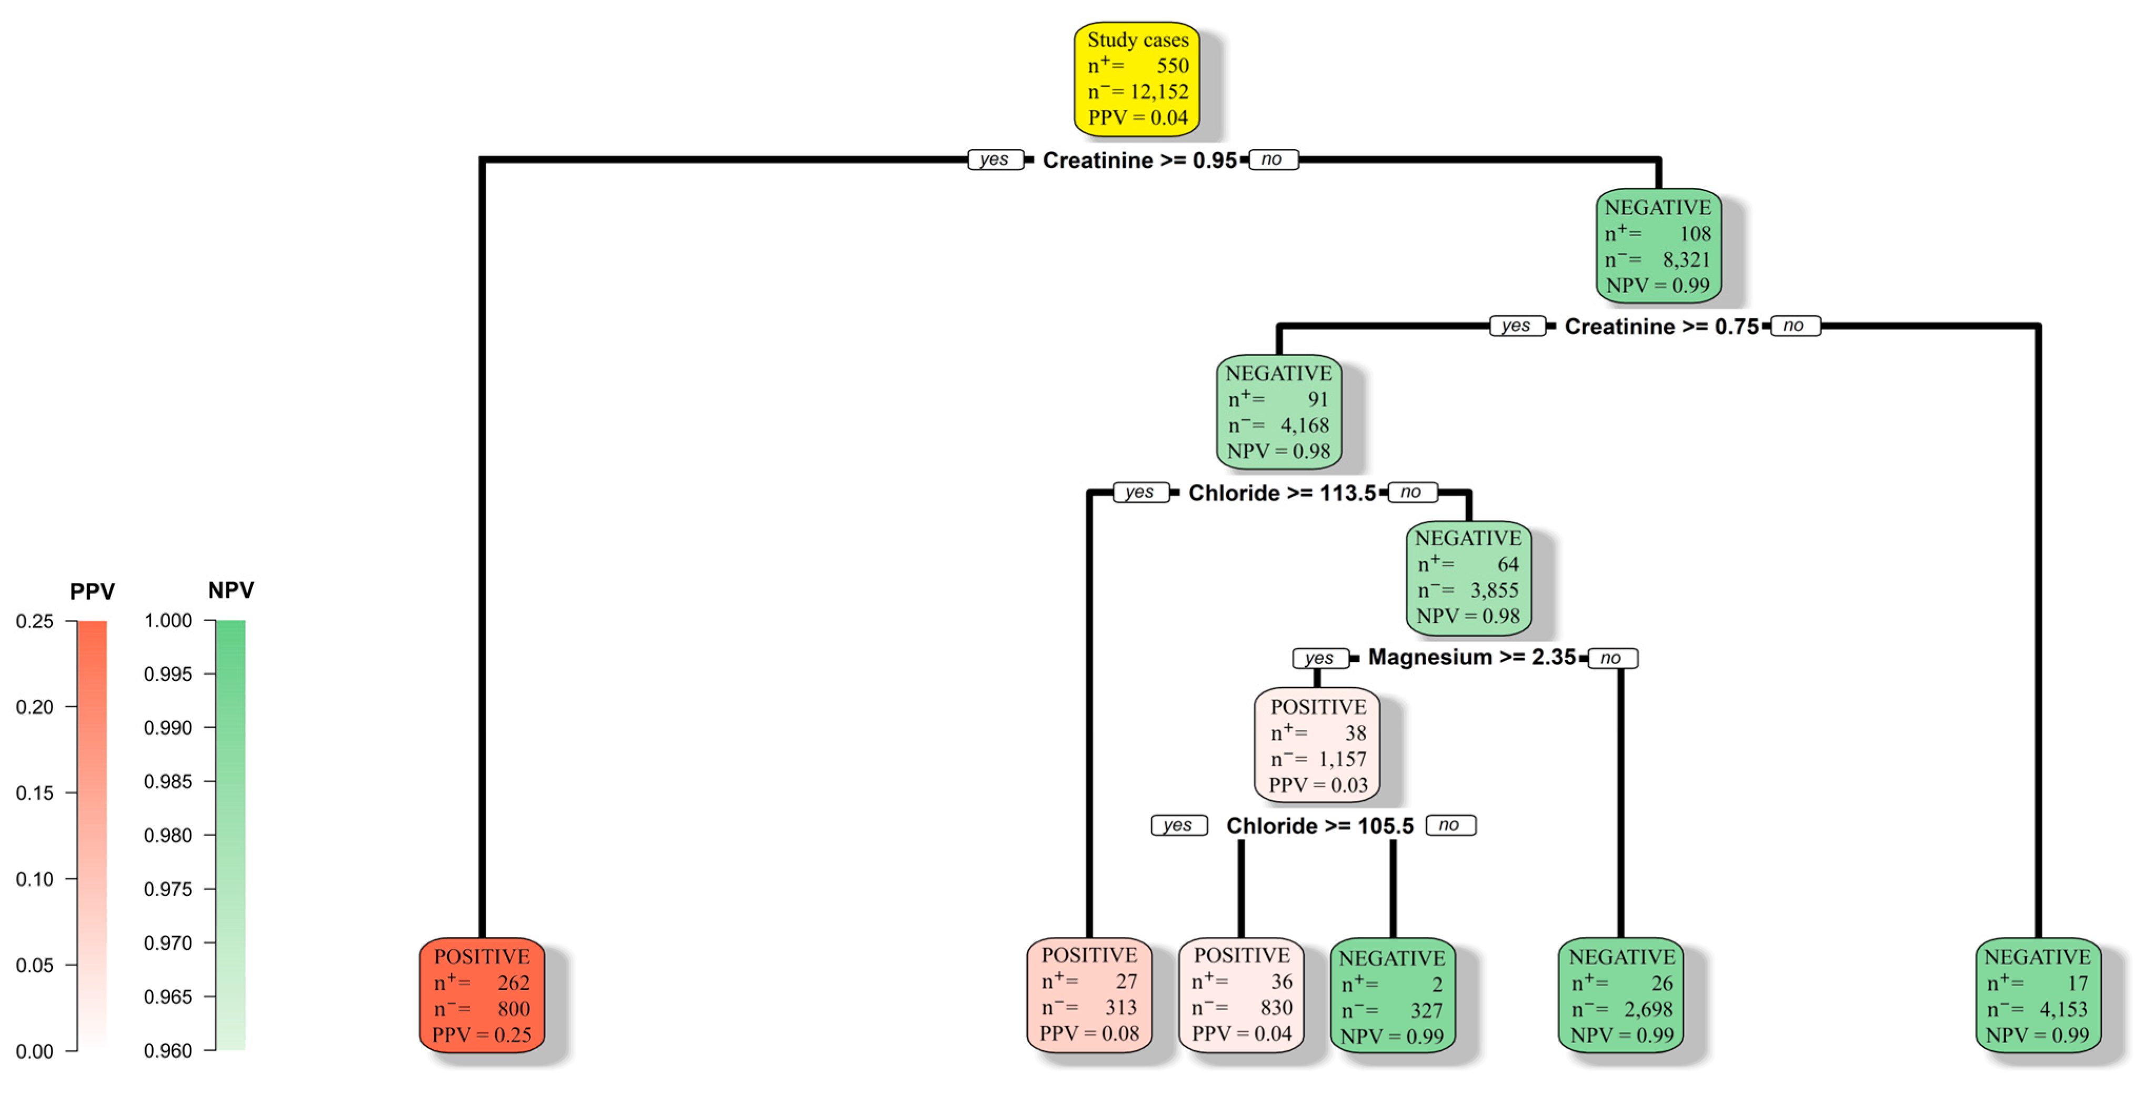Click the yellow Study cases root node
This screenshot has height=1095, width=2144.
pos(1137,79)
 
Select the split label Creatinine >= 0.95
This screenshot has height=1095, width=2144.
pos(1139,160)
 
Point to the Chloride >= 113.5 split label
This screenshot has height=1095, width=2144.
pos(1282,493)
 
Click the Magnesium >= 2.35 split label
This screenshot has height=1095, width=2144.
pos(1471,657)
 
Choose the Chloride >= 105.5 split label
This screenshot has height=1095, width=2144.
pos(1319,826)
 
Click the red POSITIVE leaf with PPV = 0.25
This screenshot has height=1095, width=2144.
pos(482,995)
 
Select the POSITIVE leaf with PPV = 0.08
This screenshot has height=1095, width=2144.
pos(1089,994)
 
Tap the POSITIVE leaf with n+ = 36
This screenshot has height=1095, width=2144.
pos(1241,994)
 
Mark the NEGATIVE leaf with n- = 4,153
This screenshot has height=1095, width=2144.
pos(2038,995)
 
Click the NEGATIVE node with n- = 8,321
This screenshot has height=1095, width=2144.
pos(1658,246)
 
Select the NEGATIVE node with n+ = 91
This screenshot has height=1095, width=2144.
pos(1278,412)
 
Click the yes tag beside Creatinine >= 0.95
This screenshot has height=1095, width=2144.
pos(995,160)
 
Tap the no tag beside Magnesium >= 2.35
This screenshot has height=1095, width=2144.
pos(1612,658)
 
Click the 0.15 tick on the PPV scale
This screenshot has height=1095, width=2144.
pos(35,793)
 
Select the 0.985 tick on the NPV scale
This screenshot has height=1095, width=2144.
pos(168,781)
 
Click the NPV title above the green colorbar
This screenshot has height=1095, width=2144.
pos(231,590)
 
